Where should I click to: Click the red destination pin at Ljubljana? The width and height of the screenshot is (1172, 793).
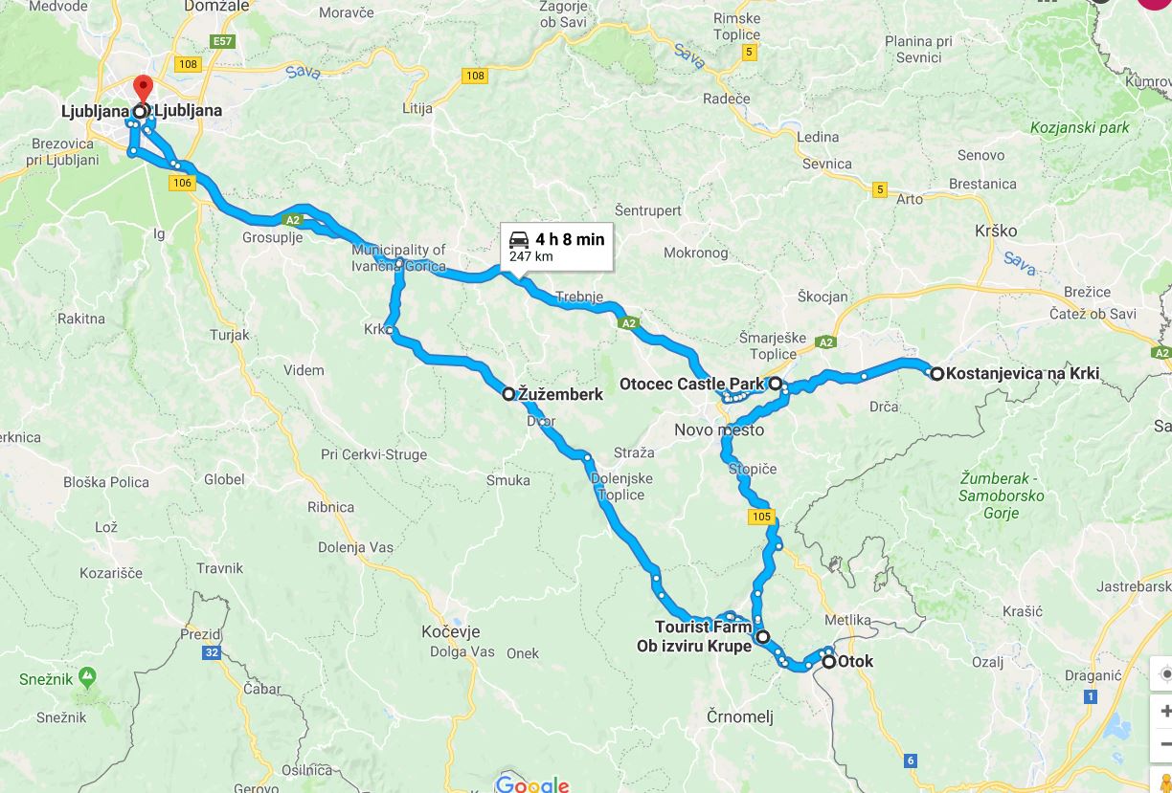point(143,89)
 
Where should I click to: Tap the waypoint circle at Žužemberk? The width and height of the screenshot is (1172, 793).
point(509,393)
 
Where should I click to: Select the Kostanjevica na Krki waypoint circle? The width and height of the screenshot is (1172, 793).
point(936,374)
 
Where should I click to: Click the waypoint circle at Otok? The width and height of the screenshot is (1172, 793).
point(828,661)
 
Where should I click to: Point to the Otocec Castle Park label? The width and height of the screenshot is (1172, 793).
point(691,385)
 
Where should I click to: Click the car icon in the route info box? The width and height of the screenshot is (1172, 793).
point(519,239)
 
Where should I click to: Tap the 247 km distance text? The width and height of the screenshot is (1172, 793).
point(530,256)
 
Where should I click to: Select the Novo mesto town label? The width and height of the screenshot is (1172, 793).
point(718,430)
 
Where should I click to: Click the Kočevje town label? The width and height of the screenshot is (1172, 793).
point(450,632)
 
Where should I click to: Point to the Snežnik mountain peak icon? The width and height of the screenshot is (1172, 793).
point(87,677)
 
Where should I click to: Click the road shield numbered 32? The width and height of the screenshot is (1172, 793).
point(211,653)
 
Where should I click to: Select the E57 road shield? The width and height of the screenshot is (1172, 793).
point(223,42)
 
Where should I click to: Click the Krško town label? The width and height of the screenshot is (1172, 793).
point(995,231)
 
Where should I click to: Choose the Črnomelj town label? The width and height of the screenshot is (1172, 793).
point(739,717)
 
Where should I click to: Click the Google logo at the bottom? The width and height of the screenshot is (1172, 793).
point(532,784)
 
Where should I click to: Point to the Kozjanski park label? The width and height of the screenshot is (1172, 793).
point(1080,127)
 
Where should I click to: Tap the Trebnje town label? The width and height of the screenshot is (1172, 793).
point(579,297)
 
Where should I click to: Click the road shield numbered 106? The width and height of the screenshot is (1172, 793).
point(183,182)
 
